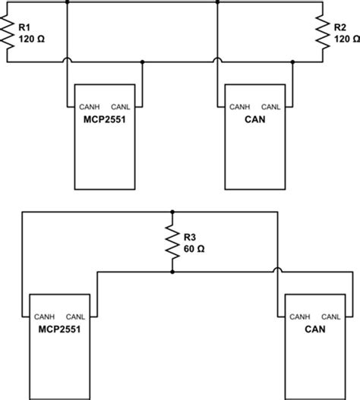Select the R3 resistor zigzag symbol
click(x=173, y=242)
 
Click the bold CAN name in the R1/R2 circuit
click(x=254, y=118)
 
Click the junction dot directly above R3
click(x=173, y=213)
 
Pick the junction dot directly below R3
click(x=173, y=271)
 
